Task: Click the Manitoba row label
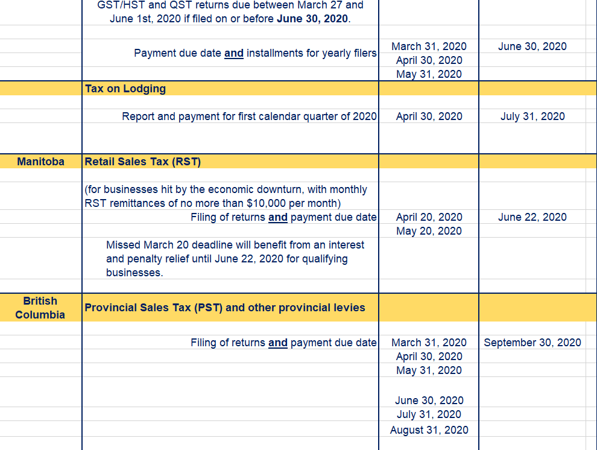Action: tap(40, 162)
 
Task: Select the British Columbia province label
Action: tap(40, 308)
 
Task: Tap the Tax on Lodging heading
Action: tap(125, 89)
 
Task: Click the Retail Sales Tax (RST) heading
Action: tap(143, 162)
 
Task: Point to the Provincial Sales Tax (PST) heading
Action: tap(225, 308)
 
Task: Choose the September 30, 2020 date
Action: tap(532, 343)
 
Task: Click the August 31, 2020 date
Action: tap(429, 430)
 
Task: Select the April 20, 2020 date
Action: tap(429, 217)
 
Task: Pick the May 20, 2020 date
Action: tap(429, 231)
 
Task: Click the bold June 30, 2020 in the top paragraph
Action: tap(312, 19)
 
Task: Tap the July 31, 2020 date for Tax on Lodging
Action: tap(532, 116)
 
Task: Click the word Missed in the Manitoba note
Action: tap(124, 245)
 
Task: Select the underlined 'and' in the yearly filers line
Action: tap(234, 53)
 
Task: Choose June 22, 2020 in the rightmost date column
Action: tap(532, 217)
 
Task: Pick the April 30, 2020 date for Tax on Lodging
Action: tap(429, 116)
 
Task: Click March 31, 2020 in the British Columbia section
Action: tap(429, 343)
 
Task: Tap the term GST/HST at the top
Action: tap(119, 5)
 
